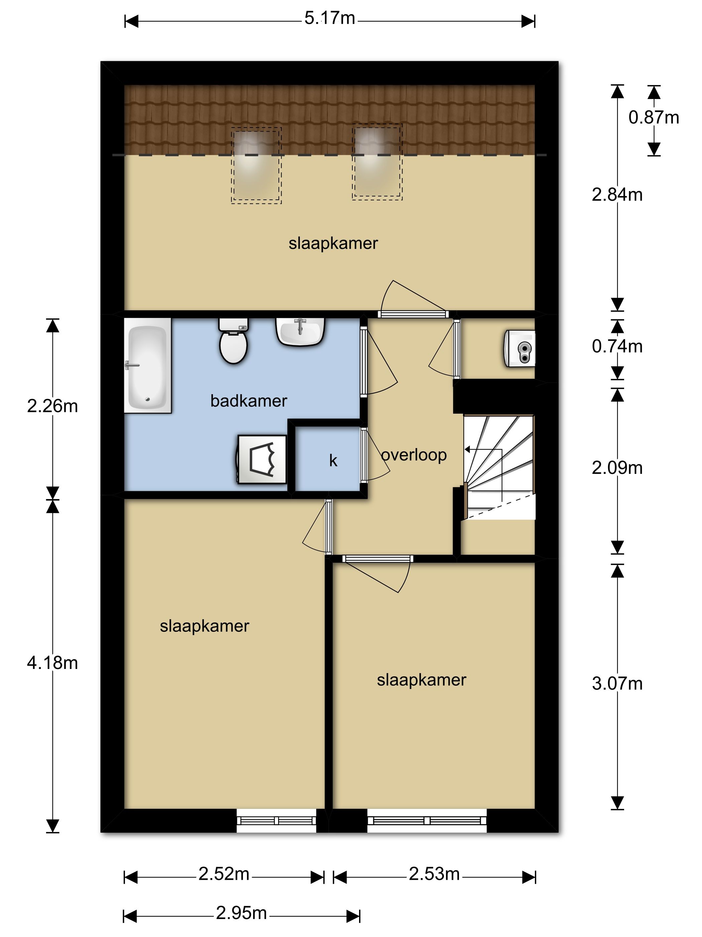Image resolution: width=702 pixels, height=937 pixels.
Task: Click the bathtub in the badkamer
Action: point(148,365)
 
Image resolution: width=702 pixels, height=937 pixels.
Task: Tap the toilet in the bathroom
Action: point(233,341)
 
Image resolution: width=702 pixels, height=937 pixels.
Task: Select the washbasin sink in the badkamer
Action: point(301,332)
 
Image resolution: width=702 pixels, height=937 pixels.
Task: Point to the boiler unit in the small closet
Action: point(519,349)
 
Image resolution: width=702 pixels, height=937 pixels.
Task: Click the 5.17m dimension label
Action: point(330,18)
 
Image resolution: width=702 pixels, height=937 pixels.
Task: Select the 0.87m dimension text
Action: point(654,117)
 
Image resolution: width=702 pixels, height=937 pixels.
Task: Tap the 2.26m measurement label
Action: point(52,406)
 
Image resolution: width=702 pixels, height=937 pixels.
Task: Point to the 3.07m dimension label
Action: point(617,683)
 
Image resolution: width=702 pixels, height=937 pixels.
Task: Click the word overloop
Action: point(414,455)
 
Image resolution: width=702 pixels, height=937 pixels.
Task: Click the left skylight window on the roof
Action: point(256,166)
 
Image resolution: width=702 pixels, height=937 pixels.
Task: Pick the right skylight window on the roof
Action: point(377,162)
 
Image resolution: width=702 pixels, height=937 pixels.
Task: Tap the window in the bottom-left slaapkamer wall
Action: point(276,821)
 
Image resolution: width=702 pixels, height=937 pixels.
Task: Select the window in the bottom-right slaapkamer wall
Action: point(427,821)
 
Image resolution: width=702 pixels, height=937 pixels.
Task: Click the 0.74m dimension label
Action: point(617,346)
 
